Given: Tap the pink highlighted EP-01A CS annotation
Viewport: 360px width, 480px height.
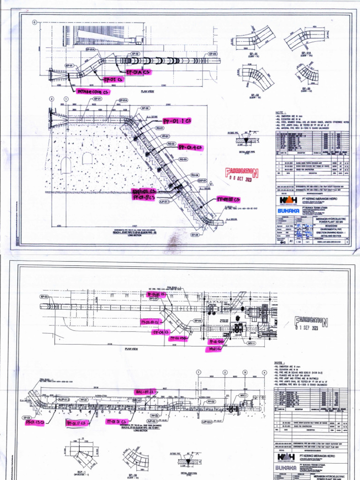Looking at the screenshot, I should (138, 72).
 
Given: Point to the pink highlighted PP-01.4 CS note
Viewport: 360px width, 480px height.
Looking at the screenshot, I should (190, 147).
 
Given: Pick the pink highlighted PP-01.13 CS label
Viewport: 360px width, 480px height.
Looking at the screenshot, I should (35, 421).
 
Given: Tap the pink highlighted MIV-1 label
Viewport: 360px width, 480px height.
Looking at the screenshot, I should (213, 349).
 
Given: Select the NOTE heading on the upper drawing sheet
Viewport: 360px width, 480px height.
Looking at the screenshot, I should (280, 113).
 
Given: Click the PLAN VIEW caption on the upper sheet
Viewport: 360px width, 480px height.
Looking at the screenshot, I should (147, 91).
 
